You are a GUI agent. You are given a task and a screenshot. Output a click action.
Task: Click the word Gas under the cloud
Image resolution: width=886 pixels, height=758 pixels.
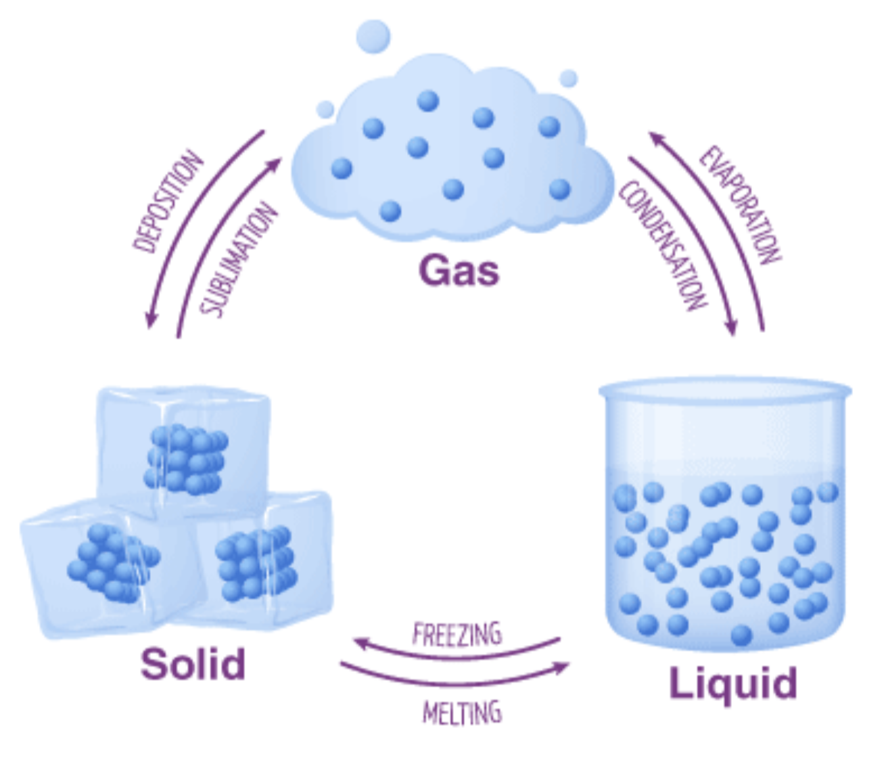point(459,271)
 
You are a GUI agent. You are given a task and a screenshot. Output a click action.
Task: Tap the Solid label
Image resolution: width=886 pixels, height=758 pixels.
point(193,664)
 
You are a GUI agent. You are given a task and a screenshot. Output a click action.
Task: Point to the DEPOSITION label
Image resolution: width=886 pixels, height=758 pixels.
point(167,202)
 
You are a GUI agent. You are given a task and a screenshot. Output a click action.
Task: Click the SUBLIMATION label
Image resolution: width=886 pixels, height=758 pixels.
point(238,260)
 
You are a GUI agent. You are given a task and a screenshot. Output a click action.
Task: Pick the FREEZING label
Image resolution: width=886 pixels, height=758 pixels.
point(457,633)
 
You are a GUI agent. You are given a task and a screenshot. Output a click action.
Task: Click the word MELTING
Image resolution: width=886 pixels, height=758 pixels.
point(462,713)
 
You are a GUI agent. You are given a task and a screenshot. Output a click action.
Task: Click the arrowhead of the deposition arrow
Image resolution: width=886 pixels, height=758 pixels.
point(151,320)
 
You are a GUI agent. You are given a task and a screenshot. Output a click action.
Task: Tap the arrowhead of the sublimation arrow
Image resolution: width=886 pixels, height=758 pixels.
point(275,164)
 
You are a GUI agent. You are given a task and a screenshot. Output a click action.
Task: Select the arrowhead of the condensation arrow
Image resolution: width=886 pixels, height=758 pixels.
point(731,328)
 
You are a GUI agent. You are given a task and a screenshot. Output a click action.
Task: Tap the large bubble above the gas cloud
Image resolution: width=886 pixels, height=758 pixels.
point(373,37)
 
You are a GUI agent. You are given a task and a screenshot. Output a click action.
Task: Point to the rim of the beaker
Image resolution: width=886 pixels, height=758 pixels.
point(725,390)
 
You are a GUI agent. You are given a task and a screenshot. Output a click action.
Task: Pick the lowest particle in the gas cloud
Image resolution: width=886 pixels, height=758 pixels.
point(390,211)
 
